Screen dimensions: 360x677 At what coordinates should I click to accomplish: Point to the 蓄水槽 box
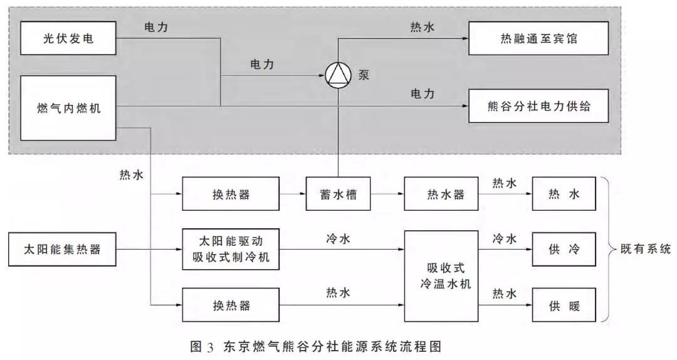point(338,194)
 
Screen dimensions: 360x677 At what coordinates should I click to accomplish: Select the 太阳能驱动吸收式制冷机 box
point(230,250)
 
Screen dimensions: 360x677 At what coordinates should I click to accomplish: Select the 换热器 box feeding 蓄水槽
point(230,194)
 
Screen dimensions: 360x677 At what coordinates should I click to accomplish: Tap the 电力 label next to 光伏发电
point(155,27)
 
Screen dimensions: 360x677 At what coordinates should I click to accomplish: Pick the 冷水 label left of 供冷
point(505,239)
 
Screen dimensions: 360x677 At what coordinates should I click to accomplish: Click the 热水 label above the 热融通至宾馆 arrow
point(422,27)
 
